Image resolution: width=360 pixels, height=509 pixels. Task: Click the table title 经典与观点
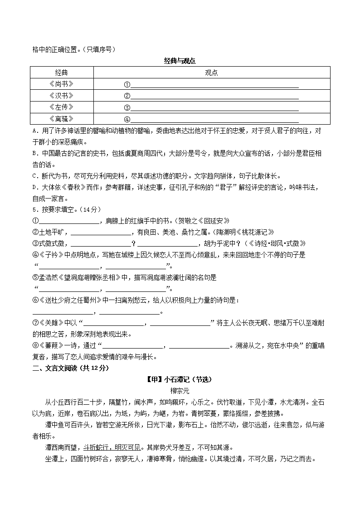click(180, 61)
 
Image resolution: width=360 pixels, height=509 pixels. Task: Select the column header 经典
click(61, 73)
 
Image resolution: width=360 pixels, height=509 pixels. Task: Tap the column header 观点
click(211, 73)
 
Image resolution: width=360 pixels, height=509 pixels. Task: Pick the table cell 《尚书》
click(61, 84)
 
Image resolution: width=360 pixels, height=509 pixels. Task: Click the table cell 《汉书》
click(61, 96)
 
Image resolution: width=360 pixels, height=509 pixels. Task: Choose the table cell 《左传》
click(61, 107)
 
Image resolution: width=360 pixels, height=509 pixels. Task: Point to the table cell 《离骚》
click(61, 119)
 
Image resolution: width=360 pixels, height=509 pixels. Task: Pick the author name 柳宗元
click(180, 391)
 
